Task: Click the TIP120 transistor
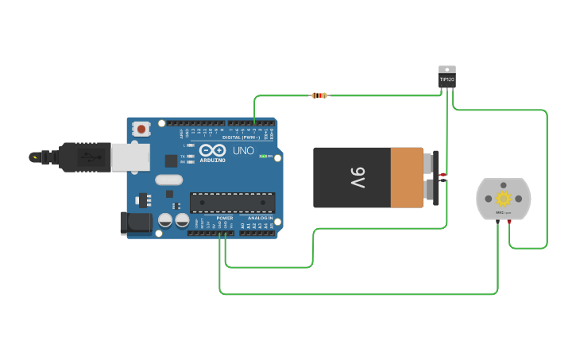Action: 447,78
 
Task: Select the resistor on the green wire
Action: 319,95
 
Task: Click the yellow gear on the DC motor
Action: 503,198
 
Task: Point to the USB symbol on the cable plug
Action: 89,157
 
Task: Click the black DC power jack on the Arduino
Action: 135,223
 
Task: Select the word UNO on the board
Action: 243,150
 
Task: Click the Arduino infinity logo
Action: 213,149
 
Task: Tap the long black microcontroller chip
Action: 232,202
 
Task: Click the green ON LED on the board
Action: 263,157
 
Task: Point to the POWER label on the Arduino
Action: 225,218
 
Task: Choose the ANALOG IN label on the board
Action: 260,218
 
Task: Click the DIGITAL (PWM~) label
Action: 241,137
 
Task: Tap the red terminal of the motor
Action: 509,222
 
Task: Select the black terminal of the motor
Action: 497,222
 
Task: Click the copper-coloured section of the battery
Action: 406,176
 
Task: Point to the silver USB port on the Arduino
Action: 130,157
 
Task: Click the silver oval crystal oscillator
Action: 169,180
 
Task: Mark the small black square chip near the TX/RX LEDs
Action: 171,161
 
